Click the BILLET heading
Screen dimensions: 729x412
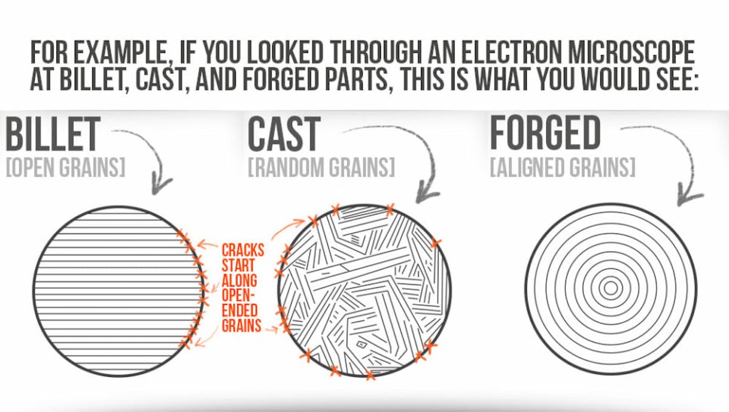53,134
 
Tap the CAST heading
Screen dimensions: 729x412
284,134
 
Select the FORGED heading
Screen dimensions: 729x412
545,133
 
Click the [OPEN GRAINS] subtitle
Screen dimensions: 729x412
66,167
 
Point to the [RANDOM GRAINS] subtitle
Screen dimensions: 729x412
321,167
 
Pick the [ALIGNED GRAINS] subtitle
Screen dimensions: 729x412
563,167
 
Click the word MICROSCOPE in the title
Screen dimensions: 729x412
631,52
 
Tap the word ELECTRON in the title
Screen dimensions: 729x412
512,52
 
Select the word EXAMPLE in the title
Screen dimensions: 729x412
120,53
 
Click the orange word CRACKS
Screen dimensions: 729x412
243,251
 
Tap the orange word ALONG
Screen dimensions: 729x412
239,280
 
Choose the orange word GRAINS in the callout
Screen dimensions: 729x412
242,325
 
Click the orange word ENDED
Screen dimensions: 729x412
240,310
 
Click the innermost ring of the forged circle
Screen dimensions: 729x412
611,288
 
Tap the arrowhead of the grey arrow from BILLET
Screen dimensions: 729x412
160,185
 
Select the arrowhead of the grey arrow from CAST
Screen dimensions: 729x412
426,194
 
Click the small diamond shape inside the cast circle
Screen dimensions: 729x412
361,343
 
